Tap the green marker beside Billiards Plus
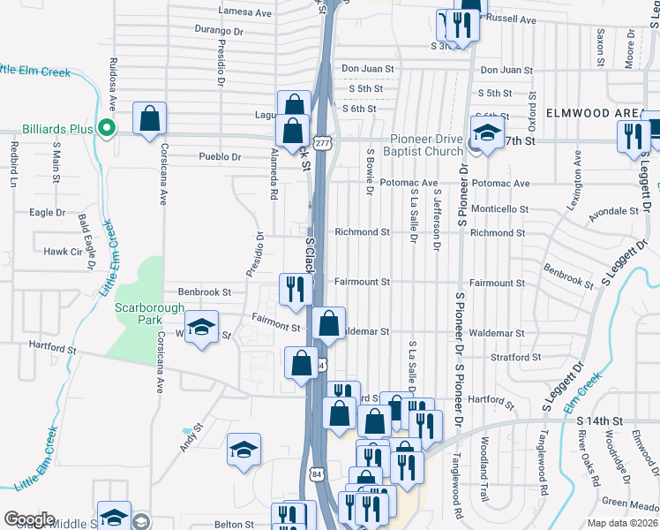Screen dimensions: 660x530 click(106, 129)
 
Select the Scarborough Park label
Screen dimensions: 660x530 click(150, 314)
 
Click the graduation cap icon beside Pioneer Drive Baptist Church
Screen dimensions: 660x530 click(484, 133)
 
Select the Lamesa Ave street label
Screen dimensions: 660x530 click(245, 13)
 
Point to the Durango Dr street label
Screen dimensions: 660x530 click(219, 30)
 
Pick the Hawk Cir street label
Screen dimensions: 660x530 click(63, 252)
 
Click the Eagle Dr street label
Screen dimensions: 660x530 click(48, 213)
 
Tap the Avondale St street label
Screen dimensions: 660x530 click(613, 212)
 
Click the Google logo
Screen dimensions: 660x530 click(29, 519)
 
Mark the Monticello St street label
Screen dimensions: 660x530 click(499, 209)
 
